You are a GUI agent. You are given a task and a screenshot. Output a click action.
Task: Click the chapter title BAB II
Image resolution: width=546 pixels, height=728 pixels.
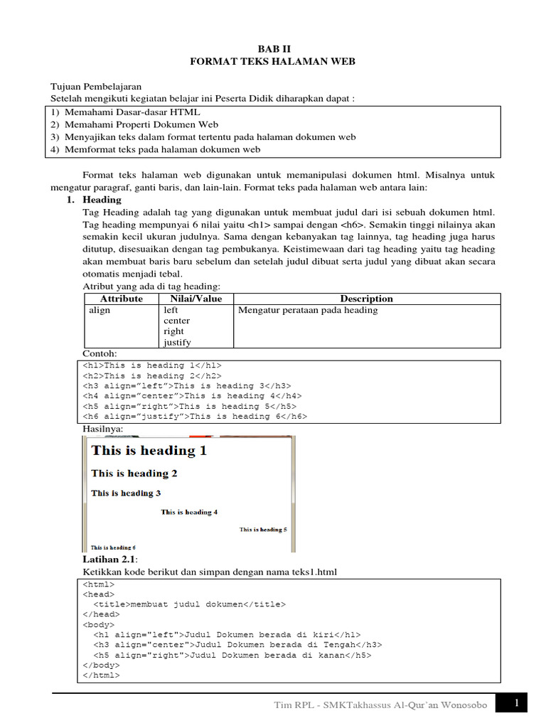(x=273, y=48)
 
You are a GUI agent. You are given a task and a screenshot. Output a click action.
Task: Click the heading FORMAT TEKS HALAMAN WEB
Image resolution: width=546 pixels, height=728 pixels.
(x=273, y=62)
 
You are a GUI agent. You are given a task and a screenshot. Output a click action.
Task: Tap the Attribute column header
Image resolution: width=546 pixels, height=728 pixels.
(x=122, y=299)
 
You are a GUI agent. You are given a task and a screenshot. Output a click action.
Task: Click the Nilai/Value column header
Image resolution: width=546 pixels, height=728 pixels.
(x=196, y=299)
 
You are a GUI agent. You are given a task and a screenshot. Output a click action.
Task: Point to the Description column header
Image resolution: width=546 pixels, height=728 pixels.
(x=366, y=299)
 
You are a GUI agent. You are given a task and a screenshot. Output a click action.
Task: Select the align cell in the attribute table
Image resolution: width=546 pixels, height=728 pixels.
(x=100, y=310)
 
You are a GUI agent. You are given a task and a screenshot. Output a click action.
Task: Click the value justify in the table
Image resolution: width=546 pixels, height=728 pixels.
(x=177, y=342)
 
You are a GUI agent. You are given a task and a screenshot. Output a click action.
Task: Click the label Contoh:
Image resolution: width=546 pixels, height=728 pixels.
(x=100, y=353)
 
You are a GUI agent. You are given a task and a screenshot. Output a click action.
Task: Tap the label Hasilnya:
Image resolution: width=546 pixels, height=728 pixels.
(x=103, y=429)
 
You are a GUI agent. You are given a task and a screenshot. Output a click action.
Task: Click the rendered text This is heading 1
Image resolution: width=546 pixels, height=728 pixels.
(x=149, y=450)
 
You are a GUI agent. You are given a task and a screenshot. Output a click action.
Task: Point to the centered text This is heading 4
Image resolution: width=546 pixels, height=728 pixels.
(x=189, y=512)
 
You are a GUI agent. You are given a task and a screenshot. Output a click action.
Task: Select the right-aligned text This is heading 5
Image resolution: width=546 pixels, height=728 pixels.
(x=263, y=530)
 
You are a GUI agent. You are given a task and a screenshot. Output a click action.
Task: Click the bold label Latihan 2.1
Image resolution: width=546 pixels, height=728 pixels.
(x=109, y=560)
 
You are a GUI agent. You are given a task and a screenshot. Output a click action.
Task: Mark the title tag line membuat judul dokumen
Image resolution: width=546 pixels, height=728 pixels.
(x=189, y=604)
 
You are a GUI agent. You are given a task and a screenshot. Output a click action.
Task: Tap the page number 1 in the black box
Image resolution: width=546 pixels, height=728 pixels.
(x=516, y=704)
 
